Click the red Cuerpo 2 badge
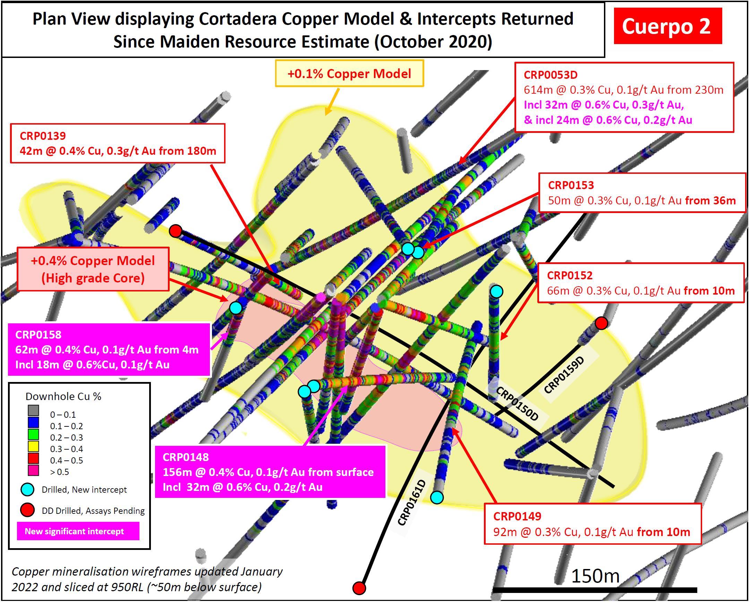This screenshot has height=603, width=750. tap(667, 26)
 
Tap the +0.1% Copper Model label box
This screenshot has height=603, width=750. tap(349, 74)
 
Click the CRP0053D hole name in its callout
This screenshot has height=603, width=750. tap(550, 75)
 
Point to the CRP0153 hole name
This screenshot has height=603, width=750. tap(571, 185)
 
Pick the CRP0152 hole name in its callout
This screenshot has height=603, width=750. tap(570, 275)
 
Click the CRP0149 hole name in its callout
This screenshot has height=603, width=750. tap(517, 516)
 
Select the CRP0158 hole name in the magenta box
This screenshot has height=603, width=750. tap(38, 334)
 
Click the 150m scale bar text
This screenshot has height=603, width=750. tap(595, 577)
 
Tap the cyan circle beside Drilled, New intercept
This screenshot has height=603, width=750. tap(27, 490)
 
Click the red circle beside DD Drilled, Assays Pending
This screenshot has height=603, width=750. tap(27, 510)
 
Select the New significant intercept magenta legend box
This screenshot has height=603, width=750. tap(78, 531)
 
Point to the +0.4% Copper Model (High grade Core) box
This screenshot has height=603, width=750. tap(93, 269)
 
